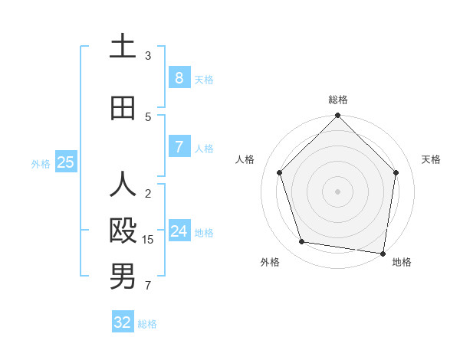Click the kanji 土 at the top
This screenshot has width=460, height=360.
123,47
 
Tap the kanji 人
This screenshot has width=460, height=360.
123,185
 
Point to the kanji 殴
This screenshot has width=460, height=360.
123,231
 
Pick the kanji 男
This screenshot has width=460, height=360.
123,277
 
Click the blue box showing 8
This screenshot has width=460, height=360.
179,78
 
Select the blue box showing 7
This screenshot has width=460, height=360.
179,147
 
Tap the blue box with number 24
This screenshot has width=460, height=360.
179,231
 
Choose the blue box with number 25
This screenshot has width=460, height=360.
65,162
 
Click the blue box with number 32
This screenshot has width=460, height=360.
123,322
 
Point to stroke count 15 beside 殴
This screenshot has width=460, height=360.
148,240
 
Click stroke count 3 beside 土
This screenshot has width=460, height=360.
148,56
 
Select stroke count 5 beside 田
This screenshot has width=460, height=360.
148,117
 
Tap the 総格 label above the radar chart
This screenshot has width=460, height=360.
337,100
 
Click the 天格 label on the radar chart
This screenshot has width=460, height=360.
431,159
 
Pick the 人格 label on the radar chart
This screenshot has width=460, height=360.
245,159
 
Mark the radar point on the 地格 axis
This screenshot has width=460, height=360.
383,253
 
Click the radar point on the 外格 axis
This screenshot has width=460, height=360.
302,242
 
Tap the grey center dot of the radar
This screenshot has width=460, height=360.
337,191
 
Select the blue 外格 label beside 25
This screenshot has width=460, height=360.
40,163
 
